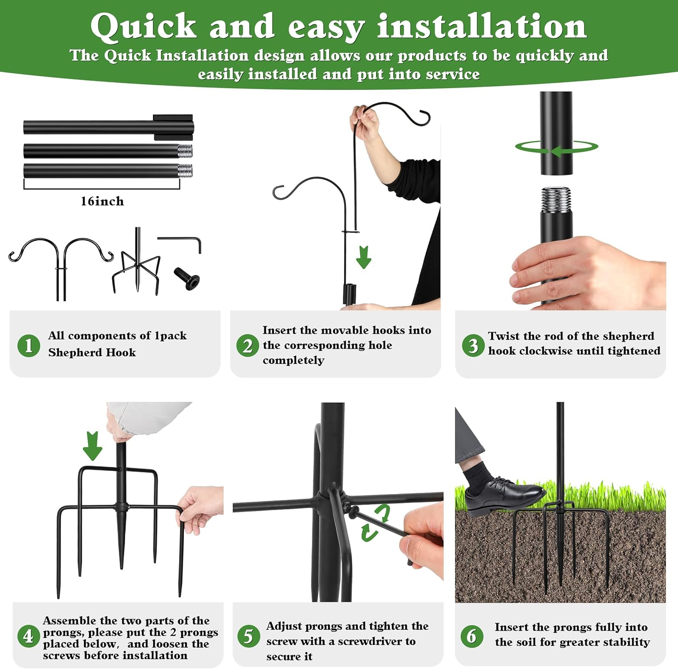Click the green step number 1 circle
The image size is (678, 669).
tap(28, 345)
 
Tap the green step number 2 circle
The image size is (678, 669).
tap(248, 346)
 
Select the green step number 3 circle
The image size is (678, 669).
tap(473, 345)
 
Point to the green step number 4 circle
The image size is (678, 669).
tap(28, 636)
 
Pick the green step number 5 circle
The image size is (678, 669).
tap(249, 636)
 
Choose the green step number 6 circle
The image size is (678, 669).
tap(472, 636)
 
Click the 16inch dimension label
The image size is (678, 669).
tap(102, 201)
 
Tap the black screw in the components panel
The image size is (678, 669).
tap(187, 278)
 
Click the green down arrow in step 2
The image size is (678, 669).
tap(363, 257)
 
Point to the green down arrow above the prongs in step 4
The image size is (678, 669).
tap(92, 446)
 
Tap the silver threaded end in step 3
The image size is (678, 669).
tap(556, 199)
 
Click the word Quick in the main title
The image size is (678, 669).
tap(143, 26)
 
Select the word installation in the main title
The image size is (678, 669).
tap(482, 25)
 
